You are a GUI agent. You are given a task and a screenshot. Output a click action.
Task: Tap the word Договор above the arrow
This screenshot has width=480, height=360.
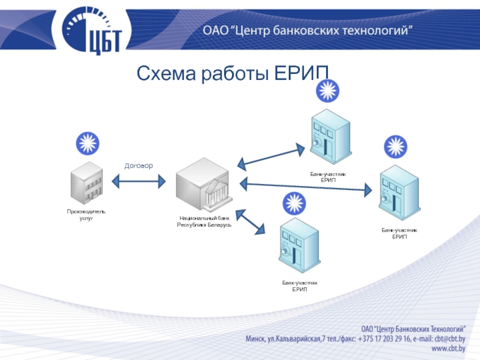[139, 165]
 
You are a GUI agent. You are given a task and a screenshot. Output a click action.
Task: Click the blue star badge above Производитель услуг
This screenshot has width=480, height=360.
[88, 143]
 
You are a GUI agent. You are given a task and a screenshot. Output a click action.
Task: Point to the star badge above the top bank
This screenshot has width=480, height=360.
[328, 91]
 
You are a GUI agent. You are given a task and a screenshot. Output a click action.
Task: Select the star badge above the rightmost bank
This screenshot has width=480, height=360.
[395, 146]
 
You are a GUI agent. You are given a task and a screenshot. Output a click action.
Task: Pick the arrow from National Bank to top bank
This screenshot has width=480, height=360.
[271, 155]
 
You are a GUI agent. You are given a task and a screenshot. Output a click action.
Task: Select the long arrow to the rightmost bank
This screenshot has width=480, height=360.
[305, 187]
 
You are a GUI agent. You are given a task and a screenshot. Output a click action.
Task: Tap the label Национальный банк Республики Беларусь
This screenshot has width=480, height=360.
[203, 221]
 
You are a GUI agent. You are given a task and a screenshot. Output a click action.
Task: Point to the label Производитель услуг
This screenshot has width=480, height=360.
[86, 215]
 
